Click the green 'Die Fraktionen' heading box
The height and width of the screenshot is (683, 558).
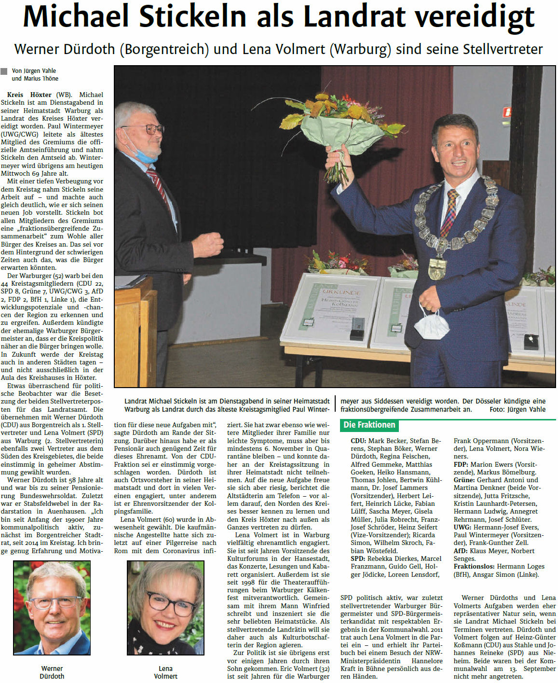pyautogui.click(x=369, y=425)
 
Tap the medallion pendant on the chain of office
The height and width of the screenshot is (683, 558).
pyautogui.click(x=437, y=268)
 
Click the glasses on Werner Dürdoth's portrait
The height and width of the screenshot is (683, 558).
pyautogui.click(x=56, y=602)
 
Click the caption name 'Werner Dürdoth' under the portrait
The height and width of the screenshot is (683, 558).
pyautogui.click(x=52, y=672)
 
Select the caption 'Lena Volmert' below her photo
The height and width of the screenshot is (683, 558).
pyautogui.click(x=165, y=672)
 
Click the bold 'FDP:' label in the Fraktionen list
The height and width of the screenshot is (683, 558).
pyautogui.click(x=461, y=464)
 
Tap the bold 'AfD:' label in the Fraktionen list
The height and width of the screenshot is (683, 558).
pyautogui.click(x=461, y=551)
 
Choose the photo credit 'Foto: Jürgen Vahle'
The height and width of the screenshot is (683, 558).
pyautogui.click(x=517, y=409)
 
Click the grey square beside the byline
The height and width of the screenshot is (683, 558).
pyautogui.click(x=4, y=71)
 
